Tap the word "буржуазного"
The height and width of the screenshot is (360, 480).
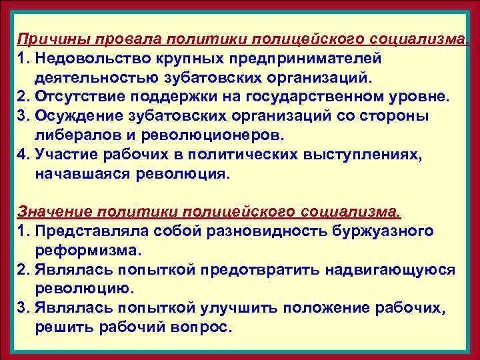pyautogui.click(x=380, y=231)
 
